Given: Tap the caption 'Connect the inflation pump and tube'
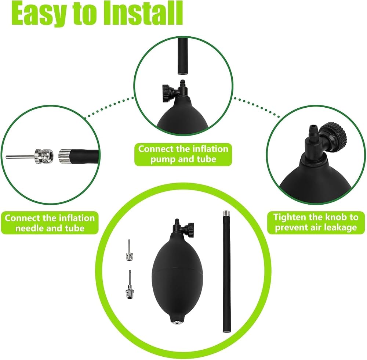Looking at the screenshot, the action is (183, 154).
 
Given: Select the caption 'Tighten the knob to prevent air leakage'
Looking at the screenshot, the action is (316, 222).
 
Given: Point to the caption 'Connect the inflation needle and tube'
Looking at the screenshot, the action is (50, 223).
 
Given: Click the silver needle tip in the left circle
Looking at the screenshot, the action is (20, 156).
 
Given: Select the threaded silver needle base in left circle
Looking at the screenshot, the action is (44, 156).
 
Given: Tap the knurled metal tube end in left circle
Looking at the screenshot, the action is (63, 156).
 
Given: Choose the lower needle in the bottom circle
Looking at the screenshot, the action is (128, 284).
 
